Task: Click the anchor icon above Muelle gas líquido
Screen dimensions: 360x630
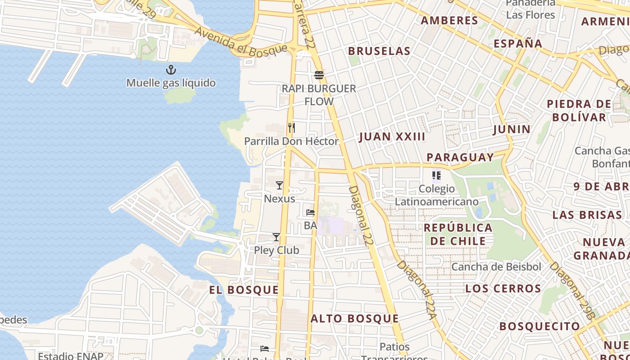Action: (x=171, y=70)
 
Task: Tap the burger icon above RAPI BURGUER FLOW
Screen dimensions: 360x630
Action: (x=319, y=75)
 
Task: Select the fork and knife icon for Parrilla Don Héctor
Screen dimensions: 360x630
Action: (x=292, y=128)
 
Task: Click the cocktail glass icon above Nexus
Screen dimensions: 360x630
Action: (x=279, y=185)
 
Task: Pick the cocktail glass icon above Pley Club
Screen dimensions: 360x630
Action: (x=276, y=237)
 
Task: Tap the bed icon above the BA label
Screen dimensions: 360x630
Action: (x=310, y=212)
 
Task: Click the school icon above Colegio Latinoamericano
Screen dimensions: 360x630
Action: (x=436, y=175)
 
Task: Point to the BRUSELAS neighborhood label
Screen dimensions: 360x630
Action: (x=379, y=51)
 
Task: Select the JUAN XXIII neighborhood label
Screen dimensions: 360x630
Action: (x=392, y=137)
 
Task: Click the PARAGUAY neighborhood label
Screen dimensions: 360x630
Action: (x=460, y=157)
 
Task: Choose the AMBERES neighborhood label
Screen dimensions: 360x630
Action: (x=450, y=21)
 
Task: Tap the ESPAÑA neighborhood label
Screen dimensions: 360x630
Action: (x=518, y=44)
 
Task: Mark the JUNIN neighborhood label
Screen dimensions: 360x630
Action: (x=512, y=130)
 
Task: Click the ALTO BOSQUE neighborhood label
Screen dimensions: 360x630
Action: (x=355, y=319)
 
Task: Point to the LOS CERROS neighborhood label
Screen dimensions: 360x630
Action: (x=503, y=288)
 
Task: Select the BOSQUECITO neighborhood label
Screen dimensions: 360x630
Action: (x=540, y=326)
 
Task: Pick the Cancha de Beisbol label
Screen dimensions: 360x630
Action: (x=496, y=267)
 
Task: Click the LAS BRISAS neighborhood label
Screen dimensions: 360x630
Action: (x=587, y=215)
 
